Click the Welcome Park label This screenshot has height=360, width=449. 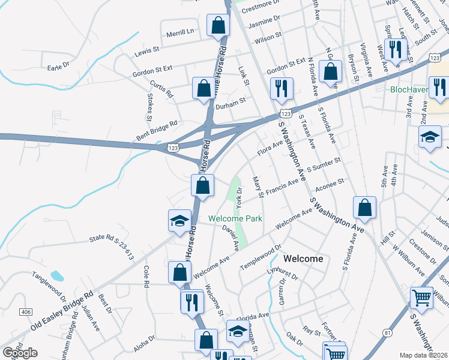235,219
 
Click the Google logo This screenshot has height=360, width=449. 19,353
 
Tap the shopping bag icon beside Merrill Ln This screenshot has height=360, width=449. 218,25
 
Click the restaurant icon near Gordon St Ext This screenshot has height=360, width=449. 281,88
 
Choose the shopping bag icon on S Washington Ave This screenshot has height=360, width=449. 364,208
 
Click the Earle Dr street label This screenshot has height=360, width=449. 59,67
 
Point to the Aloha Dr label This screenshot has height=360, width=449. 143,339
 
